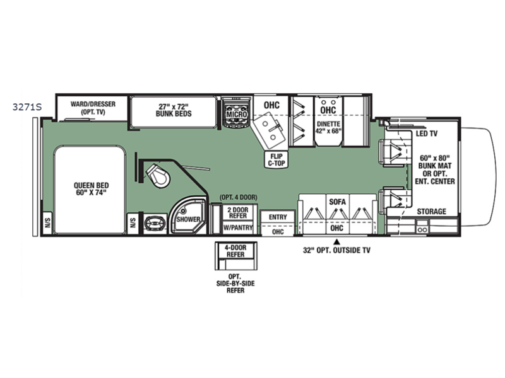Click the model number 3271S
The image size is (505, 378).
(27, 106)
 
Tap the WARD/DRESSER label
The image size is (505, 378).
(93, 104)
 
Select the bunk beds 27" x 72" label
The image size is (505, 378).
(174, 110)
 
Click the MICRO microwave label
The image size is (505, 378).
(236, 115)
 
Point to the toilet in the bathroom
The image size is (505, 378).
(157, 175)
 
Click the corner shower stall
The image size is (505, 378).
(187, 215)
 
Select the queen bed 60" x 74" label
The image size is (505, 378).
(91, 189)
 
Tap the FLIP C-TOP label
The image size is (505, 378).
(276, 160)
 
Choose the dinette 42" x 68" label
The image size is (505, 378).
(328, 128)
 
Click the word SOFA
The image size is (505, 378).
(337, 202)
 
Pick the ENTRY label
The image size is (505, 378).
(278, 217)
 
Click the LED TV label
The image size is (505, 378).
(427, 134)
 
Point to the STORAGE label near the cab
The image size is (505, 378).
(432, 211)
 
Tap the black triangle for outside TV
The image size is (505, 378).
(337, 241)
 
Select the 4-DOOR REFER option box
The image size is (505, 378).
(236, 256)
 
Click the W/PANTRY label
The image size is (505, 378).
(238, 228)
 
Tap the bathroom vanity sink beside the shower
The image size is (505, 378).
(155, 224)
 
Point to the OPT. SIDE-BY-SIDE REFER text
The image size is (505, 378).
(235, 283)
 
